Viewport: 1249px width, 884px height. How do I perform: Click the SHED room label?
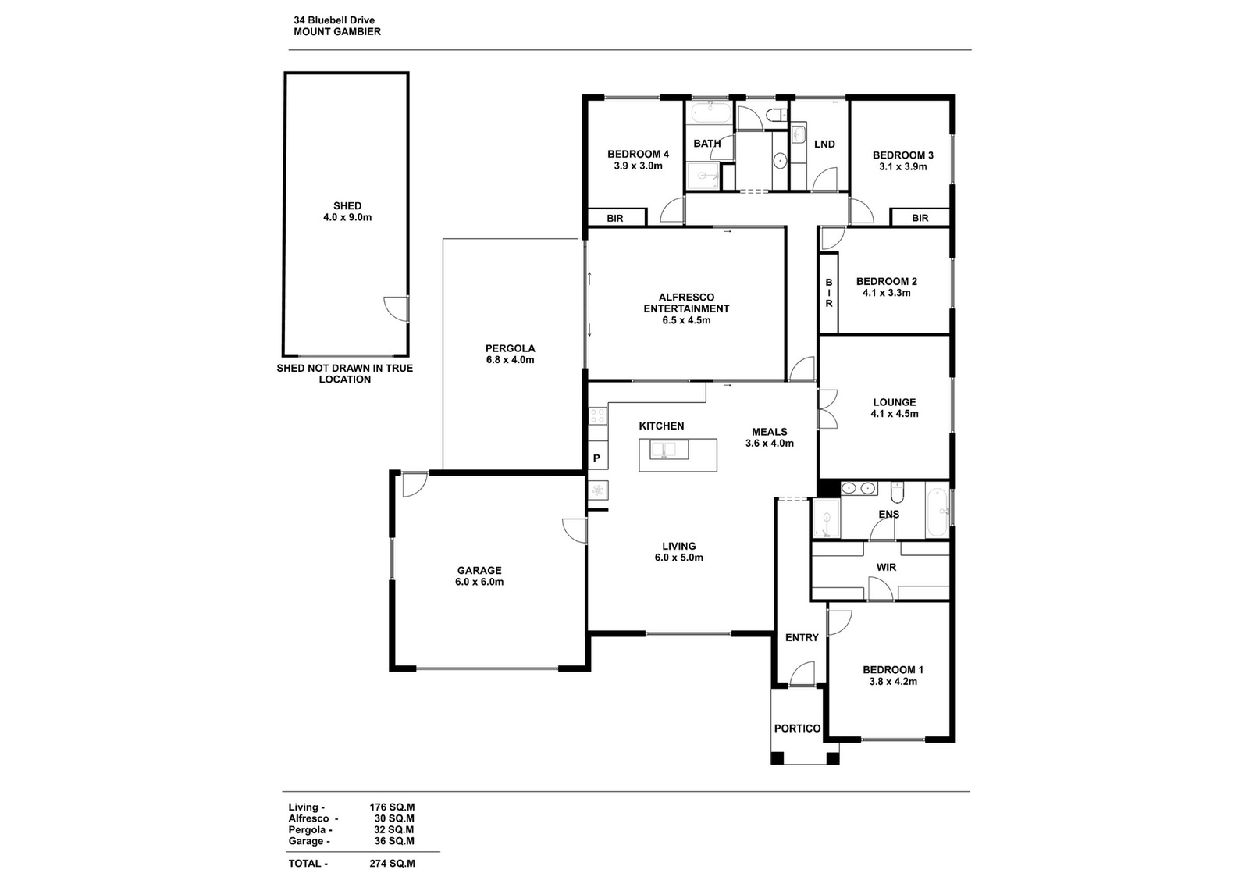[347, 212]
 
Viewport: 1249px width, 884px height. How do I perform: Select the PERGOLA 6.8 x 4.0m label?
[510, 355]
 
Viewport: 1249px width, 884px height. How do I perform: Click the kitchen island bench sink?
[664, 450]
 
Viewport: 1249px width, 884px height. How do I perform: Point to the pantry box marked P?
[597, 458]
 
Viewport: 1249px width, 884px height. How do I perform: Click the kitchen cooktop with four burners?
[598, 415]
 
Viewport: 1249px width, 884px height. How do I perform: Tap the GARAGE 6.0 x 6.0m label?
[479, 576]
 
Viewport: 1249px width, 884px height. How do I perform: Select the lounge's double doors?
[828, 409]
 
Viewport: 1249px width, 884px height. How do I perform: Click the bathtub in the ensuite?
[936, 512]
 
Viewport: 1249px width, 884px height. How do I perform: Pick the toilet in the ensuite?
[897, 491]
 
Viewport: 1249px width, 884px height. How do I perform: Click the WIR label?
[886, 568]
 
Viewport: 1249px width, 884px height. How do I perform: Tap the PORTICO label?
[797, 729]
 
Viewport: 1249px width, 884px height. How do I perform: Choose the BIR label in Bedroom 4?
[615, 218]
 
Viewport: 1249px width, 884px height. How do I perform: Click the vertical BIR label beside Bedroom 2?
[829, 293]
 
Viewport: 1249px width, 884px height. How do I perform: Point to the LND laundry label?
[824, 144]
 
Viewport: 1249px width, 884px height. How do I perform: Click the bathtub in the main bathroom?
[710, 113]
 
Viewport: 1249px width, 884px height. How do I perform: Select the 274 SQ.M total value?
[392, 864]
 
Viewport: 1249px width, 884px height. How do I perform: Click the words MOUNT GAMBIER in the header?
[337, 32]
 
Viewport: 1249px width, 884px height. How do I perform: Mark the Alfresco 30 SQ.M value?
[394, 818]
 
